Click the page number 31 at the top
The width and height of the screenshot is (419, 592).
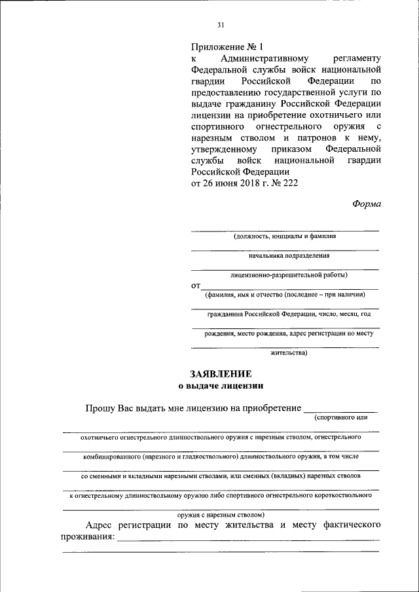(x=221, y=26)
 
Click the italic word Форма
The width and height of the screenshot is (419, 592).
(x=367, y=203)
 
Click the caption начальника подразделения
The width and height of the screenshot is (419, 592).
(x=285, y=256)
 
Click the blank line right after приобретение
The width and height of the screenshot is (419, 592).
(x=340, y=410)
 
